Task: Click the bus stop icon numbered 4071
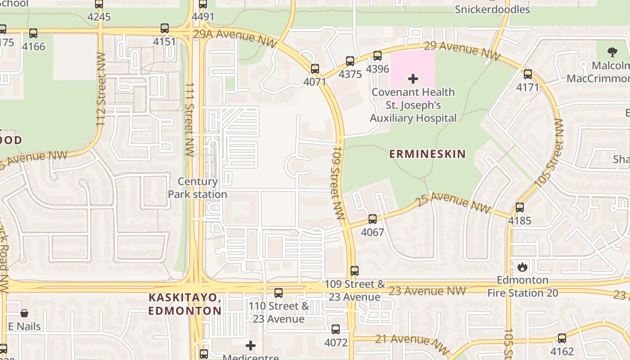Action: coord(315,69)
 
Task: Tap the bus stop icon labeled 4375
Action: coord(350,61)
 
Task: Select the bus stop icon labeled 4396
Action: coord(378,56)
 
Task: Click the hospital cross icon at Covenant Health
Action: coord(413,79)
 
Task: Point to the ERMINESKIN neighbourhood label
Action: coord(427,154)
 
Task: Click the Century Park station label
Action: coord(198,188)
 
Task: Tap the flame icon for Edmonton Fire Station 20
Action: coord(522,267)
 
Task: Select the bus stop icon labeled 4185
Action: coord(520,207)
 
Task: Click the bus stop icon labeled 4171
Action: coord(528,74)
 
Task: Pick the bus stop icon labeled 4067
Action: coord(373,219)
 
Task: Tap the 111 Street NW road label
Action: coord(189,119)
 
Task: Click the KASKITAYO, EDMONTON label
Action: coord(184,304)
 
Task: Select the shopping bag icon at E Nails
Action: coord(24,313)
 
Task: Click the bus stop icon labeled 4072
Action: coord(336,329)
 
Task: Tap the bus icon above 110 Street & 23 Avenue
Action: coord(279,293)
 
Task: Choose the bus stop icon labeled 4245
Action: coord(99,4)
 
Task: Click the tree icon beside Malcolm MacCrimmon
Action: coord(612,52)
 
